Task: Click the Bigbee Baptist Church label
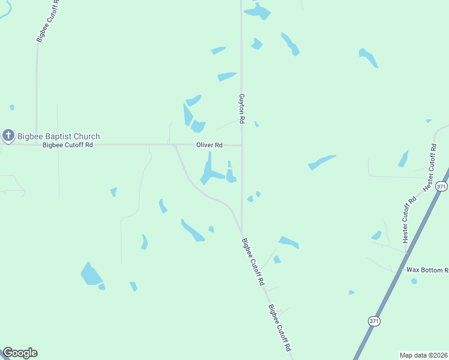tap(58, 136)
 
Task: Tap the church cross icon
tap(8, 136)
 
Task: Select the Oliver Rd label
tap(209, 145)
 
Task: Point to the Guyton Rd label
tap(241, 109)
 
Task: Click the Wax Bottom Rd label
tap(427, 270)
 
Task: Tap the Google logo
tap(20, 353)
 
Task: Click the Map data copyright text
tap(423, 355)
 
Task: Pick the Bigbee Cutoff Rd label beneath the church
tap(68, 145)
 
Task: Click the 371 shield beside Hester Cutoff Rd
tap(442, 187)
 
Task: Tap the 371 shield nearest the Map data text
tap(375, 321)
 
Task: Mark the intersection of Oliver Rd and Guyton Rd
tap(242, 145)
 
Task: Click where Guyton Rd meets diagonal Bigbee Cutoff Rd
tap(241, 233)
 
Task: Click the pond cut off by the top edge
tap(259, 11)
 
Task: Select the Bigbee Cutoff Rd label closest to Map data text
tap(280, 328)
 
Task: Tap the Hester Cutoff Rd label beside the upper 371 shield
tap(430, 168)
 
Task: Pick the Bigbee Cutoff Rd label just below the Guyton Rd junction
tap(253, 262)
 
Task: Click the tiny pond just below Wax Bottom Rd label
tap(414, 281)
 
